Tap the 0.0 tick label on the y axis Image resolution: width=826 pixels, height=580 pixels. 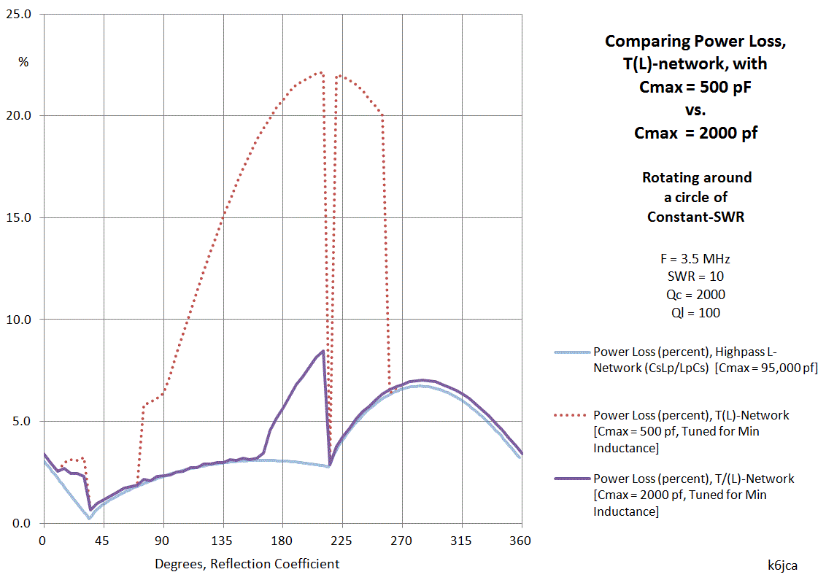click(x=22, y=523)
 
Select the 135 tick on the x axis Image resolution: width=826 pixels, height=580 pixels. click(x=223, y=541)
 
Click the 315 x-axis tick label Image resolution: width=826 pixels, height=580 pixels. click(x=461, y=541)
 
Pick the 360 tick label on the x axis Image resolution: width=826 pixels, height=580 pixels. click(x=521, y=541)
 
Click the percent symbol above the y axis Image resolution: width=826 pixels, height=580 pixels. click(x=23, y=62)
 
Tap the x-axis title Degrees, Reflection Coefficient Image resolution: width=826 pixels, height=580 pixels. click(x=247, y=564)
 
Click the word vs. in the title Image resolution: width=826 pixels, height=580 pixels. click(x=695, y=111)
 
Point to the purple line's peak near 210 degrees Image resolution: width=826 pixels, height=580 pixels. click(x=323, y=351)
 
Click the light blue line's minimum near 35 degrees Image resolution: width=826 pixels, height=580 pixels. click(x=90, y=518)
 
